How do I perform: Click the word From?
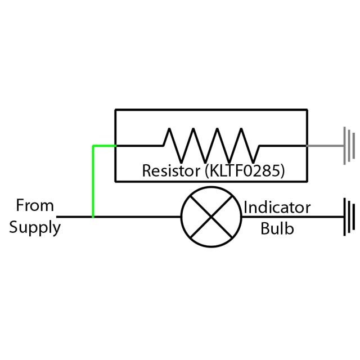pos(34,206)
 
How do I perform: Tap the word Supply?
pos(35,228)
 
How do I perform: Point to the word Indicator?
pos(277,208)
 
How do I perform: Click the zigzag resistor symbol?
pos(211,145)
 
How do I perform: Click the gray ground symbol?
pos(350,146)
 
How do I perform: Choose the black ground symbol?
pos(350,217)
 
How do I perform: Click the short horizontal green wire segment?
pos(105,146)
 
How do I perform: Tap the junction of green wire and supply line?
pos(93,217)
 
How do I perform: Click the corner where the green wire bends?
pos(93,146)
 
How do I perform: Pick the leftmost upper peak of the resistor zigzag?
pos(168,129)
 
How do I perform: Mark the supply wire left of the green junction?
pos(75,217)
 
